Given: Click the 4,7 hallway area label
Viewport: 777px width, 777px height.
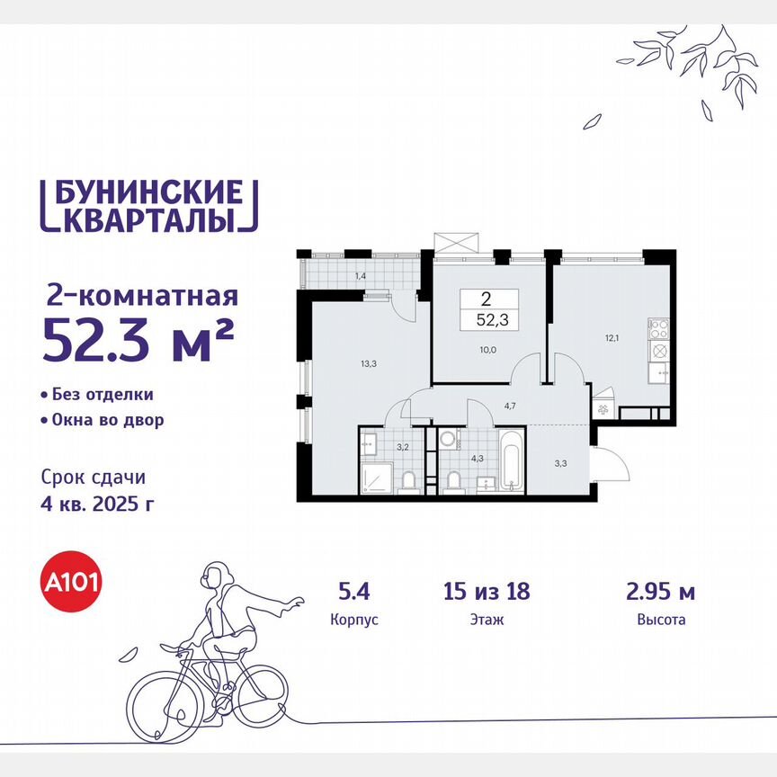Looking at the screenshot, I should tap(509, 406).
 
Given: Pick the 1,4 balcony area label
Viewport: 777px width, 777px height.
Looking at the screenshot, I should tap(360, 275).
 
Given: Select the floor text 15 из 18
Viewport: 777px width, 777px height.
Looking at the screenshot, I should tap(487, 592).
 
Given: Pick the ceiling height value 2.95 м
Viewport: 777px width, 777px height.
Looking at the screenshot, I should tap(660, 592).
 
